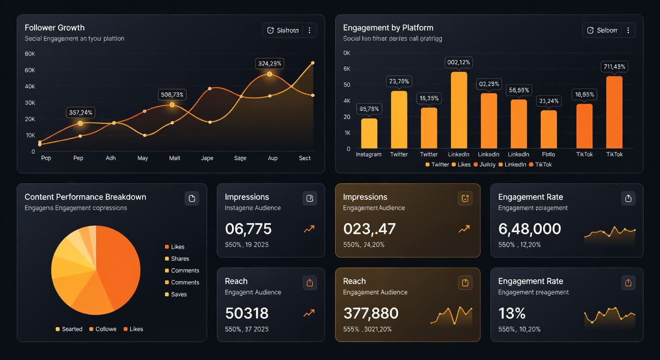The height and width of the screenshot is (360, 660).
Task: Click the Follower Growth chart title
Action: pos(54,28)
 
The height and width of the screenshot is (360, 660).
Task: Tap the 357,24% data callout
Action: pos(80,112)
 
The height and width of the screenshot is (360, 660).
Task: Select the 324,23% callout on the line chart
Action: pos(270,63)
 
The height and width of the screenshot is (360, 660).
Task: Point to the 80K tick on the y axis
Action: pos(30,54)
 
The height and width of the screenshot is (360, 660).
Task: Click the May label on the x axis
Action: pos(142,158)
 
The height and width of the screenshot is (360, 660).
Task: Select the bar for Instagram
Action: pos(369,133)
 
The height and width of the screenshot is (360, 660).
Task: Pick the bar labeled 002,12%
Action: pos(459,110)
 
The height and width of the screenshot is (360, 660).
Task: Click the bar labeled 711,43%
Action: pos(614,112)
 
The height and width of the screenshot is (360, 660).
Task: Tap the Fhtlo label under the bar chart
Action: pos(548,154)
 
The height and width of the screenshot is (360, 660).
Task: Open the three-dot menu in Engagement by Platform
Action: pos(628,30)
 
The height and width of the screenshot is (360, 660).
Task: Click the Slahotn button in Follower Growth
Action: pos(283,30)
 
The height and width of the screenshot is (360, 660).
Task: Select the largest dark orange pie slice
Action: pos(118,267)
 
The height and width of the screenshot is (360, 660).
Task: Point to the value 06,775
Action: pos(248,229)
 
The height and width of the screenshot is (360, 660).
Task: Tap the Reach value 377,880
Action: pos(371,313)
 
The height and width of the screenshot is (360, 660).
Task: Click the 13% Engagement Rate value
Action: pos(512,313)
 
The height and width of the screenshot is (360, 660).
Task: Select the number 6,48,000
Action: pos(529,229)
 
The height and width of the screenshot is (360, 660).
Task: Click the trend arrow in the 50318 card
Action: pos(309,313)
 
